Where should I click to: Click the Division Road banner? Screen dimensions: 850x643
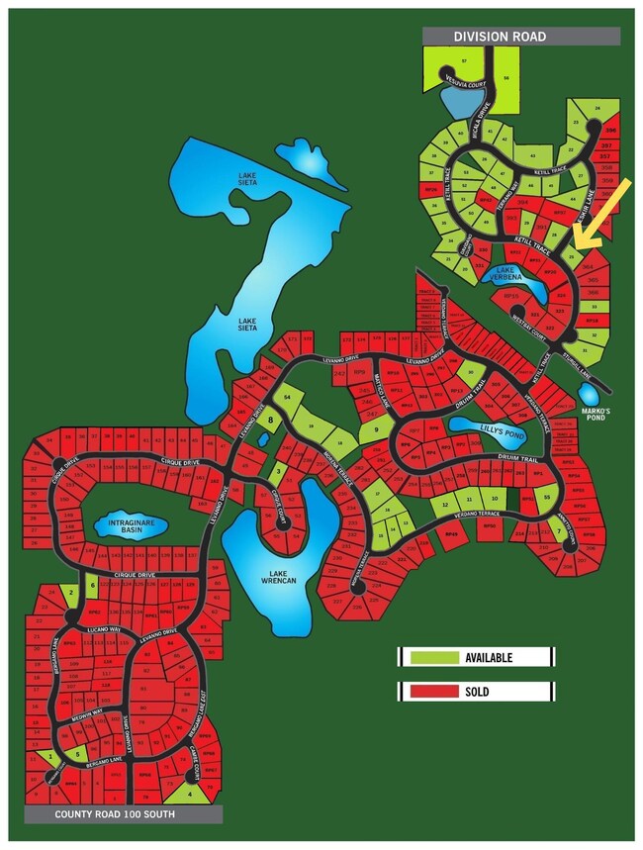click(x=520, y=37)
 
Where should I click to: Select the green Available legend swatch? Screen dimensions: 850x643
click(x=431, y=657)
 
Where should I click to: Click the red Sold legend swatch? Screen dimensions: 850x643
click(x=431, y=691)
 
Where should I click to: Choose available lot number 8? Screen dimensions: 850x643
click(x=269, y=420)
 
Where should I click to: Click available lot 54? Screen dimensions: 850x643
click(x=287, y=397)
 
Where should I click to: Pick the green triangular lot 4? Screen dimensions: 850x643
click(x=188, y=793)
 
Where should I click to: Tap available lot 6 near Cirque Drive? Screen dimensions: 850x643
click(x=93, y=585)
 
